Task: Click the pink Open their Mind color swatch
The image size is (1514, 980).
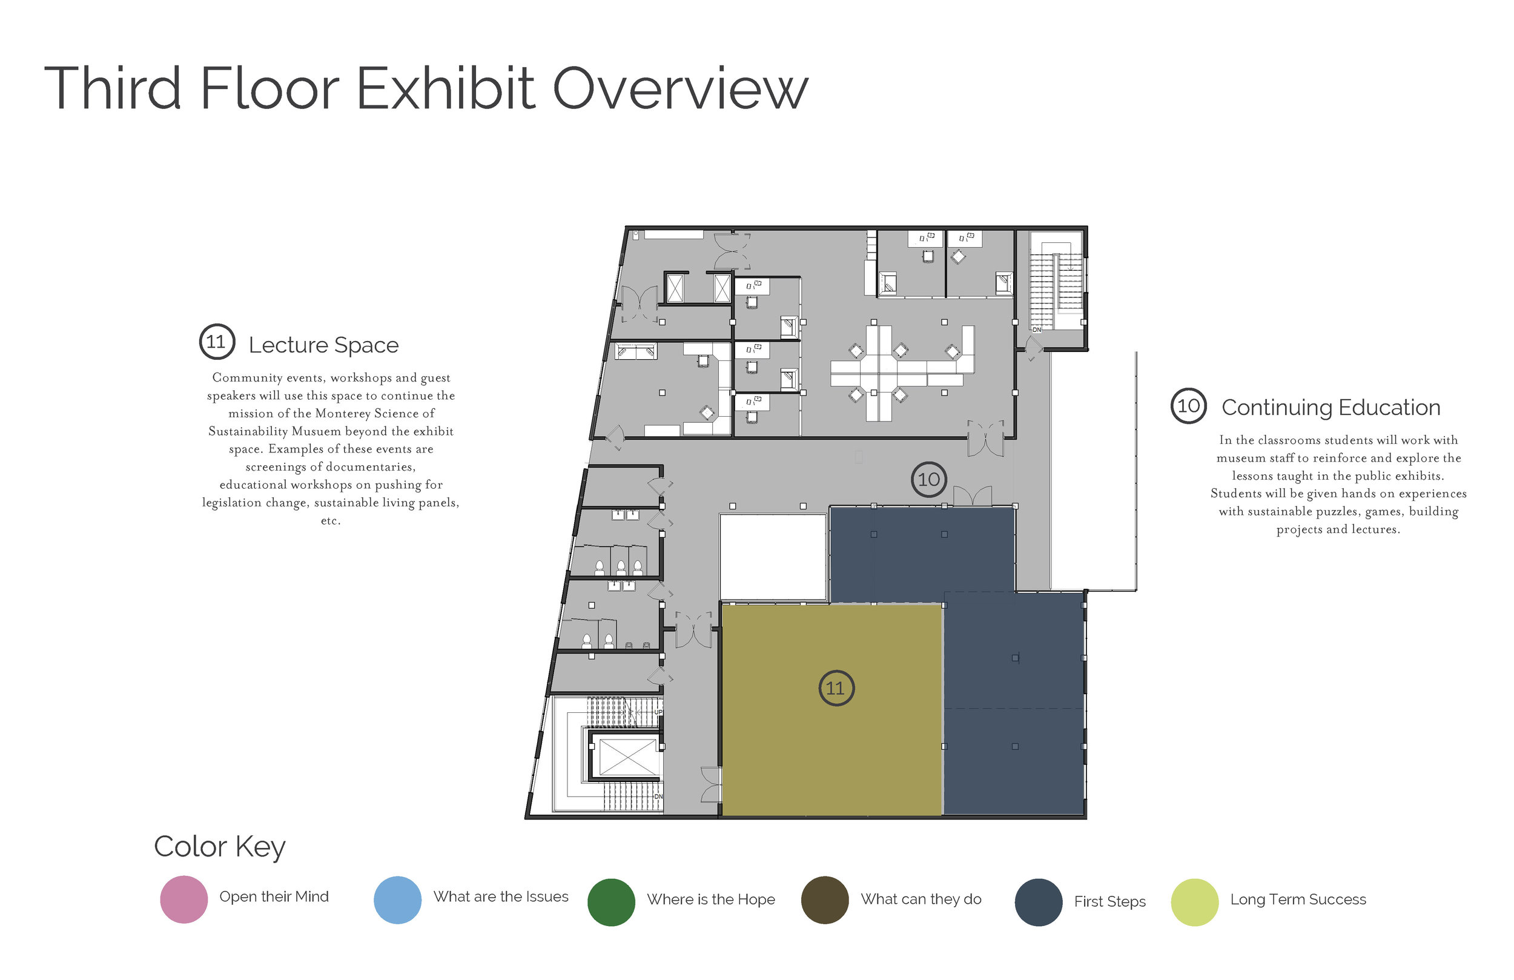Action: pyautogui.click(x=184, y=899)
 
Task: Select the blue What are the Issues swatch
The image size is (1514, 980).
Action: pyautogui.click(x=398, y=900)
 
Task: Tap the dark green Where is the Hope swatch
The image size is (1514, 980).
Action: pyautogui.click(x=611, y=902)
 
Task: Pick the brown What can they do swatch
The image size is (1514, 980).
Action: pyautogui.click(x=825, y=900)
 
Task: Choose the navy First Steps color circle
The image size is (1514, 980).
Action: pyautogui.click(x=1039, y=902)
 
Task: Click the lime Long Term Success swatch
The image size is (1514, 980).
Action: pyautogui.click(x=1195, y=902)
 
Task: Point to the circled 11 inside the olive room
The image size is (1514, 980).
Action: pyautogui.click(x=836, y=688)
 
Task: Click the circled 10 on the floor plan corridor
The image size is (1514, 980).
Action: pyautogui.click(x=929, y=480)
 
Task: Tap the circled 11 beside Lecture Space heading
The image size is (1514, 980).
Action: pyautogui.click(x=217, y=342)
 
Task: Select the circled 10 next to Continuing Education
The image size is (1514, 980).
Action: pyautogui.click(x=1188, y=405)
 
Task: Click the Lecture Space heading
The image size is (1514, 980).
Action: pyautogui.click(x=323, y=345)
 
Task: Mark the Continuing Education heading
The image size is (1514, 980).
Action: pyautogui.click(x=1331, y=407)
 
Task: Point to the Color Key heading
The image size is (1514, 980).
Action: pyautogui.click(x=219, y=847)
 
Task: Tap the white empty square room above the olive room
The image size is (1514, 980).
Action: pyautogui.click(x=773, y=557)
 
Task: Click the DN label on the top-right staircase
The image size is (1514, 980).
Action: pyautogui.click(x=1036, y=329)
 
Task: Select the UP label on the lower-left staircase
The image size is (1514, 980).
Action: pyautogui.click(x=658, y=712)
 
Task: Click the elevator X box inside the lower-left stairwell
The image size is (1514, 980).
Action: pyautogui.click(x=627, y=757)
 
